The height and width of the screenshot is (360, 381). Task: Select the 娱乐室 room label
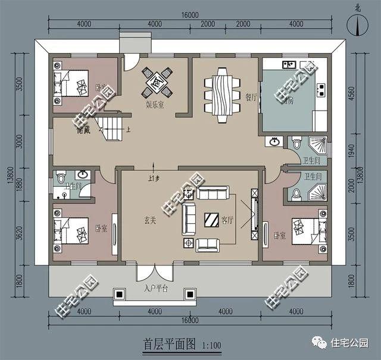point(156,104)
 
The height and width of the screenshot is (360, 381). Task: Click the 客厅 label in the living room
point(227,220)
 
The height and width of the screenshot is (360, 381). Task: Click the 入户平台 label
point(156,289)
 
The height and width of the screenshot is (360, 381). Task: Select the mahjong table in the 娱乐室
point(157,82)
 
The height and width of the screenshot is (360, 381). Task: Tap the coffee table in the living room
point(212,219)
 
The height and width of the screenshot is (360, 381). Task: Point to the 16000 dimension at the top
point(191,15)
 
